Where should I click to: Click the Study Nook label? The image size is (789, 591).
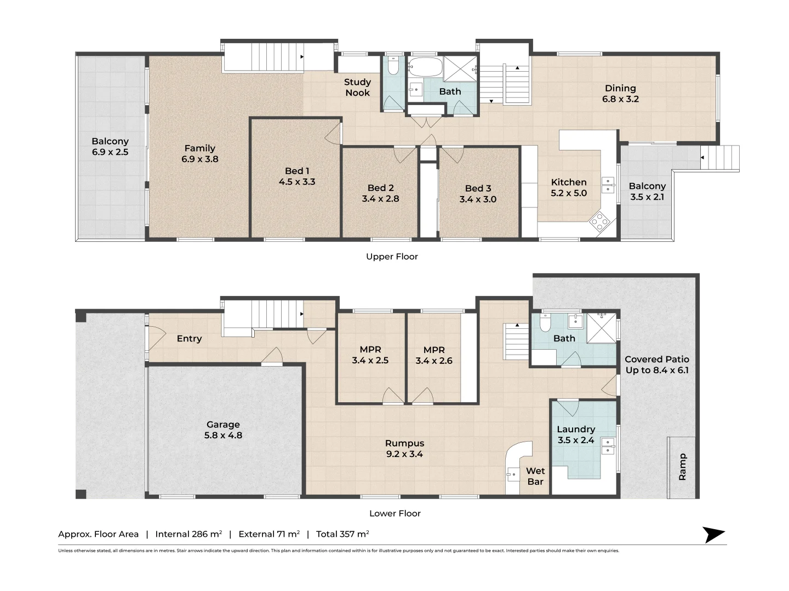357,88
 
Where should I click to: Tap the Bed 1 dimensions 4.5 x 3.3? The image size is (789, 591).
297,182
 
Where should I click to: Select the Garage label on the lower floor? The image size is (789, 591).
223,425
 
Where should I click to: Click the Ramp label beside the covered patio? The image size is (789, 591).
682,467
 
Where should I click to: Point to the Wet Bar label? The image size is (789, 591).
535,476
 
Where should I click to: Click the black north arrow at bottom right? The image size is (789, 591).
714,535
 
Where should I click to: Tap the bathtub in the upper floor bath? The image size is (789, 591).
426,68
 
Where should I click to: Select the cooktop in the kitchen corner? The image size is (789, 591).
599,222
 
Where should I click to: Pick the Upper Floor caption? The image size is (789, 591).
392,257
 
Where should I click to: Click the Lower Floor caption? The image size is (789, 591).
395,513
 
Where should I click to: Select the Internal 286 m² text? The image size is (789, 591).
188,534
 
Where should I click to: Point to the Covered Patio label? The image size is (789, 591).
657,360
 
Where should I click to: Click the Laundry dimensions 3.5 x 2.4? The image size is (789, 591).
576,441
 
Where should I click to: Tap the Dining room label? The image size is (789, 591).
620,88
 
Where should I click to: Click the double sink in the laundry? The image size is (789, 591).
608,446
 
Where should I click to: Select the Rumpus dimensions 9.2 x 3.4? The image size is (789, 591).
404,454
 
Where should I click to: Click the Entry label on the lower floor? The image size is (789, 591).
189,339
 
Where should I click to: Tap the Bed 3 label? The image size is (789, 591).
478,188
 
